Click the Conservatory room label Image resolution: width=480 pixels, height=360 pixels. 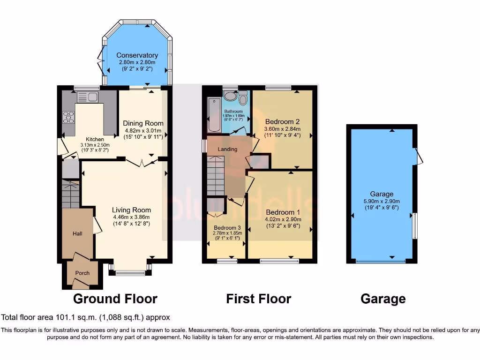[x=137, y=55]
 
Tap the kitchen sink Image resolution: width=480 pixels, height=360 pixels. [x=88, y=97]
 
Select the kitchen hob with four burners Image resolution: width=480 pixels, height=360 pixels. [x=68, y=117]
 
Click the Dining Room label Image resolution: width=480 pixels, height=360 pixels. [x=143, y=123]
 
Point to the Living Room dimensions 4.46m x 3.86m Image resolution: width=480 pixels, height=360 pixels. [x=131, y=217]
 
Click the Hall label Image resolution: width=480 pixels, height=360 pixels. [x=77, y=233]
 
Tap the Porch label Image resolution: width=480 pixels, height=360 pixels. [x=82, y=273]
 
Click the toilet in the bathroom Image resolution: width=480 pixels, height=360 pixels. [x=242, y=99]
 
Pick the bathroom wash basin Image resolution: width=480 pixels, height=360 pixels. [x=230, y=96]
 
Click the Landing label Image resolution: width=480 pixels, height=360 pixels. [x=228, y=149]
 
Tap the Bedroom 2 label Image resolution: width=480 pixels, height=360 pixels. [x=282, y=121]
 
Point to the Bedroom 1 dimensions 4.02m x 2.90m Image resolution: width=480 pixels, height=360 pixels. [x=283, y=219]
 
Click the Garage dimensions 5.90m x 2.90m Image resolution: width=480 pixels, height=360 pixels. [x=382, y=201]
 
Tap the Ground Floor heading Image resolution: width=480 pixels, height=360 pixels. [x=115, y=299]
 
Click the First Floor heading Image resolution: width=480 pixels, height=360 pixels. [x=258, y=299]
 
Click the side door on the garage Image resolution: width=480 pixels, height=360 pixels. [x=419, y=157]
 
